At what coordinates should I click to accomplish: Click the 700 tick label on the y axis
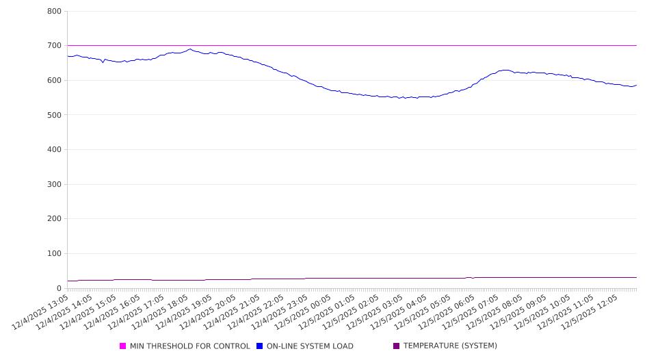click(x=55, y=46)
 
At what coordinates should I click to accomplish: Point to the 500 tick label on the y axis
click(x=55, y=115)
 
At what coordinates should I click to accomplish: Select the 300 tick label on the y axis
click(x=55, y=184)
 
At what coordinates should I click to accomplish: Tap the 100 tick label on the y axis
click(x=55, y=254)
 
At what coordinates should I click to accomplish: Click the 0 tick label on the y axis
click(x=59, y=288)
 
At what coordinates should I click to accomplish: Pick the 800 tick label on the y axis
click(x=55, y=12)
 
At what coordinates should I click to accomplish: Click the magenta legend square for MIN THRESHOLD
click(x=123, y=346)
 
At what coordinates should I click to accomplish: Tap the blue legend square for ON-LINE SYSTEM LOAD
click(x=260, y=346)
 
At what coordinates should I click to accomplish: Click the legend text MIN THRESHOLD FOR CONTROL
click(x=189, y=346)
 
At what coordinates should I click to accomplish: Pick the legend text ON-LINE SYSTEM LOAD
click(x=310, y=346)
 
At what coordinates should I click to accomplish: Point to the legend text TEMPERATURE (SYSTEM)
click(x=450, y=346)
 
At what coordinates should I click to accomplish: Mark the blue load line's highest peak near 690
click(x=190, y=49)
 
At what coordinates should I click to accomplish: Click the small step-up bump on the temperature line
click(x=469, y=277)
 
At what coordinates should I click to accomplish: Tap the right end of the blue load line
click(x=636, y=85)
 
